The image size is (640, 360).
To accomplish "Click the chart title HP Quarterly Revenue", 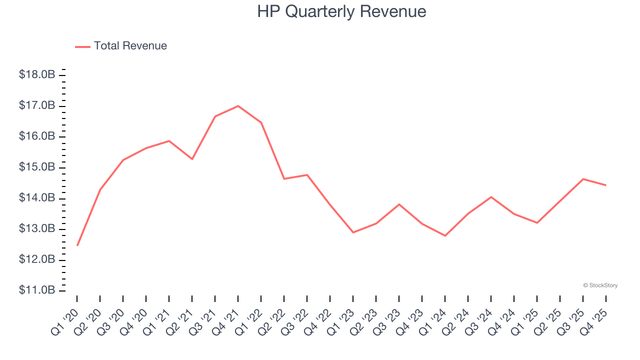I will pyautogui.click(x=341, y=11).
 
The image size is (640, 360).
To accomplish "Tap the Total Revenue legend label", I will pyautogui.click(x=130, y=46).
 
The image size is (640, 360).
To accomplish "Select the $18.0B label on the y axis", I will pyautogui.click(x=37, y=75).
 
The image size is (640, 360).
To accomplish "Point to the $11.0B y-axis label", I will pyautogui.click(x=37, y=290).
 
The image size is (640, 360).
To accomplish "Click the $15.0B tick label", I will pyautogui.click(x=37, y=167).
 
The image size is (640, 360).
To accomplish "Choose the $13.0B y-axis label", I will pyautogui.click(x=37, y=229).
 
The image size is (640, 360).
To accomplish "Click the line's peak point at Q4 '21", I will pyautogui.click(x=238, y=106).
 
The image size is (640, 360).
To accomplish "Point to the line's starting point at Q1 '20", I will pyautogui.click(x=77, y=245).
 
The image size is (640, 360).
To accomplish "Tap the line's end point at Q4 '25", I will pyautogui.click(x=606, y=185).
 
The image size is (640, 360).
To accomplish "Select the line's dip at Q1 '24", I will pyautogui.click(x=445, y=235).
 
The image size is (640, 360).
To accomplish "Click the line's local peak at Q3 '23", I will pyautogui.click(x=399, y=204).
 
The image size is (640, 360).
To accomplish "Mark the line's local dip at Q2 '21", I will pyautogui.click(x=192, y=159).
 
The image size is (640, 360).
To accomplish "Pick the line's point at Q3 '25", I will pyautogui.click(x=583, y=179).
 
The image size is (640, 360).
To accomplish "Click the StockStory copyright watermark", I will pyautogui.click(x=600, y=285).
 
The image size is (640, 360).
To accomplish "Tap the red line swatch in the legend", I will pyautogui.click(x=82, y=46).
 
